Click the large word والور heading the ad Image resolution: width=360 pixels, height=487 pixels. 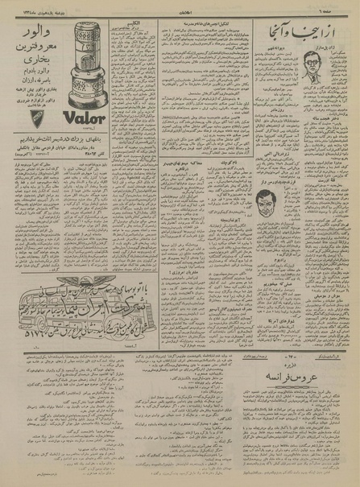pyautogui.click(x=36, y=35)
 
